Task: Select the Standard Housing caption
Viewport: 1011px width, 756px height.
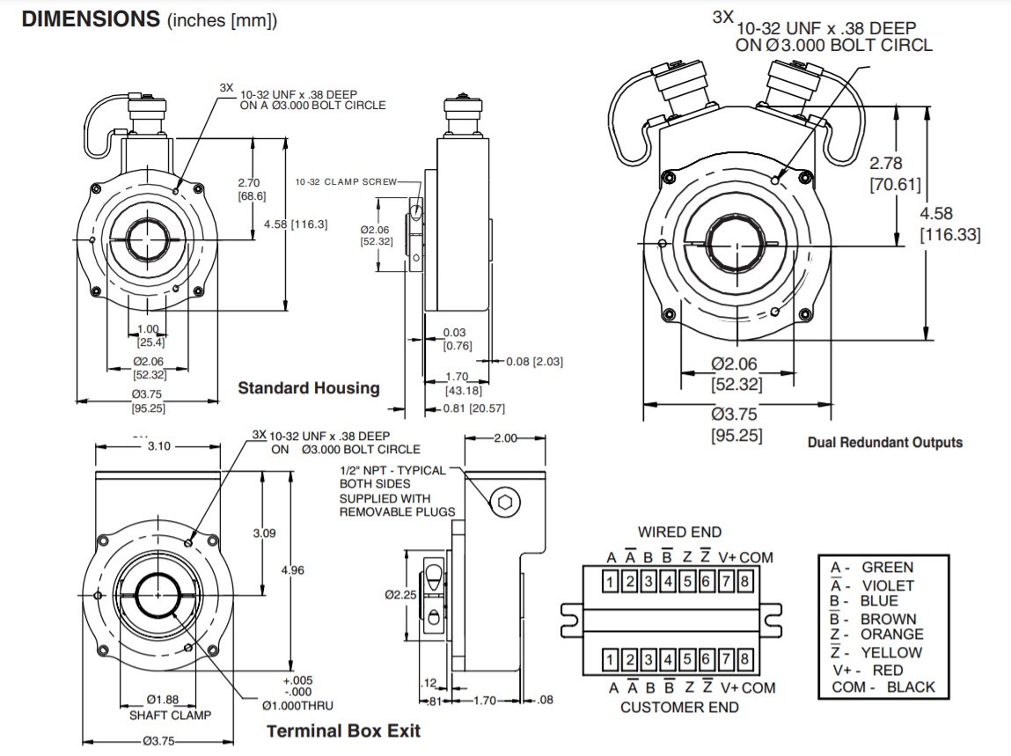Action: [309, 388]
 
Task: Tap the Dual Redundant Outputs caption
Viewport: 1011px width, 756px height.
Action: [884, 443]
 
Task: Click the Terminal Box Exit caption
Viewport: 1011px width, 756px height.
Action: [343, 730]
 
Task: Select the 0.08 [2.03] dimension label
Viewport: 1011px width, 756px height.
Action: [535, 362]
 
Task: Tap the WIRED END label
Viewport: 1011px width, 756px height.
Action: [679, 532]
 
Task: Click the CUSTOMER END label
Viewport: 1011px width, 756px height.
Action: [679, 707]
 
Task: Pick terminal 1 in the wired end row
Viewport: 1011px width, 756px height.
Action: [609, 581]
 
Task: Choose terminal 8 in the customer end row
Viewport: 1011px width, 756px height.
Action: [744, 659]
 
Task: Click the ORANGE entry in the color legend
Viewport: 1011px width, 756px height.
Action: [891, 635]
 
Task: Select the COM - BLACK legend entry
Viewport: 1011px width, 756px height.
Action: [883, 687]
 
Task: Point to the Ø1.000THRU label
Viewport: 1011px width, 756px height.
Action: [297, 705]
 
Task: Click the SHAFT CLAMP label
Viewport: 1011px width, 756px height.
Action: [165, 716]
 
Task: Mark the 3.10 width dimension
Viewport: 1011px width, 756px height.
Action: [158, 446]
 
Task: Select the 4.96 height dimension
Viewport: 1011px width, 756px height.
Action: [292, 570]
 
